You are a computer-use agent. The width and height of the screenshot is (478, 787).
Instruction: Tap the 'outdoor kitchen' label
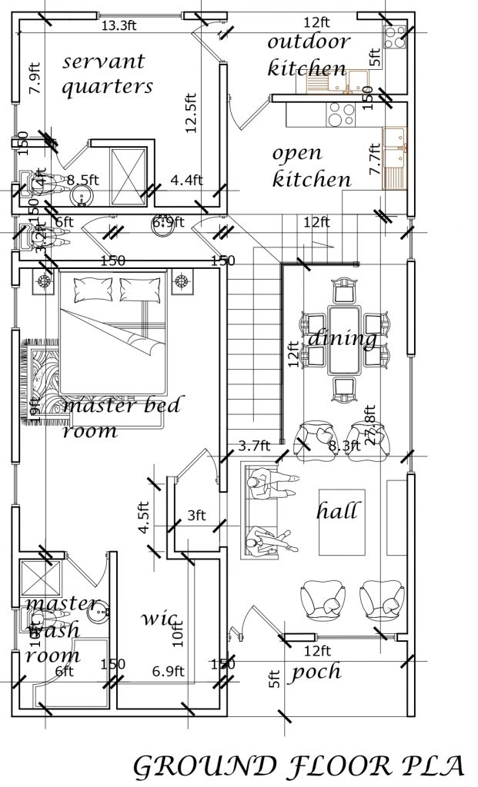tap(308, 54)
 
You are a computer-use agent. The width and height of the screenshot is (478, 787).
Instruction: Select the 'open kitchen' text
tap(312, 167)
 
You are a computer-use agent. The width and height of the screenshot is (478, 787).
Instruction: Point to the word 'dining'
tap(343, 338)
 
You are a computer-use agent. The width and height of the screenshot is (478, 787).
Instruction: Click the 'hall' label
tap(337, 510)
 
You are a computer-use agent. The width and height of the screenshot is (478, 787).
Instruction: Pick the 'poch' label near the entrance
tap(316, 672)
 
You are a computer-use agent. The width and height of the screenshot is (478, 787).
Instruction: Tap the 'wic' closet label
tap(160, 618)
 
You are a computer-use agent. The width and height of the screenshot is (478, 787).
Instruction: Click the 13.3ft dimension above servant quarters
tap(119, 25)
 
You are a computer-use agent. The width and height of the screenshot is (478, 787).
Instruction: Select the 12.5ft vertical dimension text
tap(192, 113)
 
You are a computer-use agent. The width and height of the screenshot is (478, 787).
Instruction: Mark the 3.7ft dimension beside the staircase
tap(253, 444)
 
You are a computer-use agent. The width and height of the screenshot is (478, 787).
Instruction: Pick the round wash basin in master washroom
tap(99, 613)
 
